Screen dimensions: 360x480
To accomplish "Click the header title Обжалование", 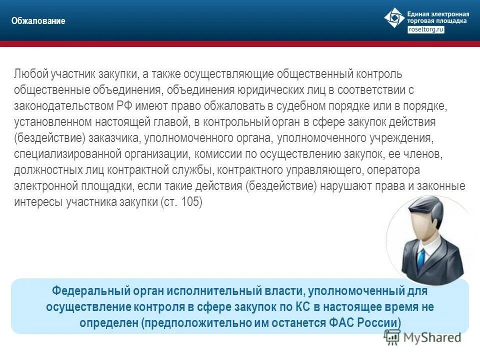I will coord(39,21).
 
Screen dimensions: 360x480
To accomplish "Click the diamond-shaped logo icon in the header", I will coord(394,18).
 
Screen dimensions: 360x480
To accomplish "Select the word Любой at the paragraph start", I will coord(30,74).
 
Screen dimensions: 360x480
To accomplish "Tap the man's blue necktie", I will coord(421,256).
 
